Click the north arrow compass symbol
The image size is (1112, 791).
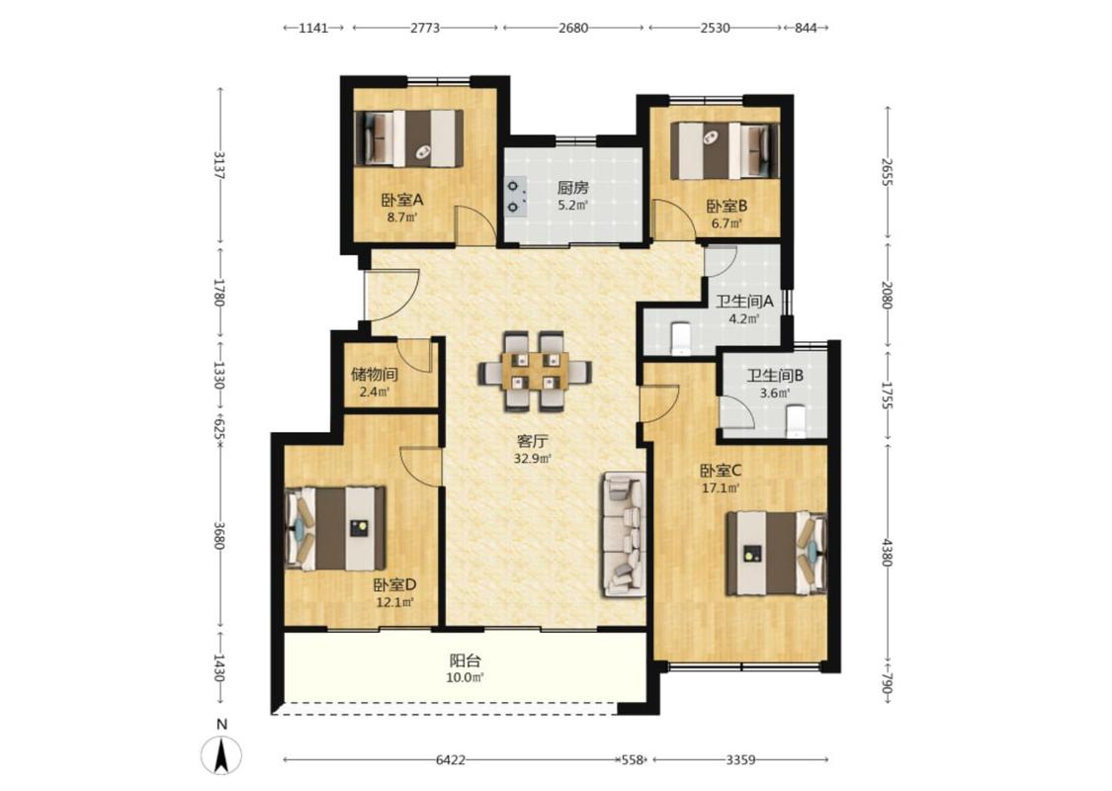[221, 754]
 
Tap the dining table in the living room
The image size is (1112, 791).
[535, 371]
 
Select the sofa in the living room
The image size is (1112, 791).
[624, 535]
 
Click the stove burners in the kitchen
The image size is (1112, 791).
[515, 197]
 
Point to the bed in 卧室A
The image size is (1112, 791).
[408, 138]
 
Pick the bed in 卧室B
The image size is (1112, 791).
[725, 150]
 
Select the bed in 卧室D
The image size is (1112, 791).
[335, 529]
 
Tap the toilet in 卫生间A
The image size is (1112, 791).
[681, 338]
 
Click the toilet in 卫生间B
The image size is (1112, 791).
[797, 420]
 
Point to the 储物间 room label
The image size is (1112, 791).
[374, 374]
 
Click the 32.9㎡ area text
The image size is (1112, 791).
[532, 458]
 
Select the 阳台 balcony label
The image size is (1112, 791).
[466, 660]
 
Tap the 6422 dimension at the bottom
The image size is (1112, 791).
[451, 759]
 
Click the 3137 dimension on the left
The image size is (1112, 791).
[219, 164]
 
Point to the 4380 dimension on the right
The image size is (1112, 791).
[887, 552]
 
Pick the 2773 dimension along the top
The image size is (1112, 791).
[425, 28]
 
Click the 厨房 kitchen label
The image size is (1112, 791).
[572, 188]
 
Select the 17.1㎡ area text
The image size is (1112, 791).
[721, 488]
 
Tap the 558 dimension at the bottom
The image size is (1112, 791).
[632, 759]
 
